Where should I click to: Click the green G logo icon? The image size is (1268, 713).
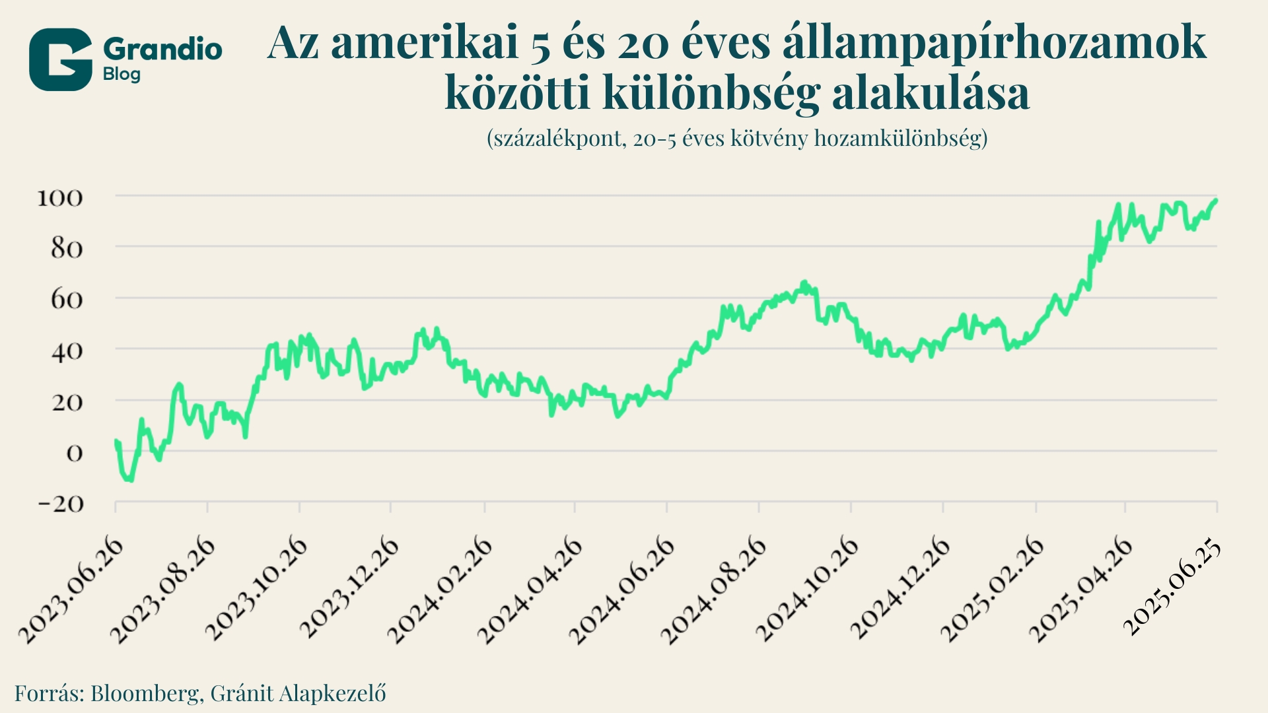click(x=60, y=59)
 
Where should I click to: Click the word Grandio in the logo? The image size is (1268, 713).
click(x=162, y=50)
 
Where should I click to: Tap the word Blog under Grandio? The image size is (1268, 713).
click(x=122, y=74)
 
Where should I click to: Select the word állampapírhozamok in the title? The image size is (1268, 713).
click(x=995, y=44)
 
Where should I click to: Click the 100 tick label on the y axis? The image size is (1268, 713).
click(x=59, y=197)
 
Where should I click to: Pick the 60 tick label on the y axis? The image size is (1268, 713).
click(x=66, y=300)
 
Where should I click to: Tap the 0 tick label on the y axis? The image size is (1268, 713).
click(x=74, y=453)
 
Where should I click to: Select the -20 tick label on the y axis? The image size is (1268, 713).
click(x=61, y=504)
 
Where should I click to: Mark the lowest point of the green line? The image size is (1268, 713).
click(x=130, y=480)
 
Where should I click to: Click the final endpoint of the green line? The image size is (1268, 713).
click(x=1216, y=200)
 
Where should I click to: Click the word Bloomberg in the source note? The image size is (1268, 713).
click(x=147, y=693)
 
